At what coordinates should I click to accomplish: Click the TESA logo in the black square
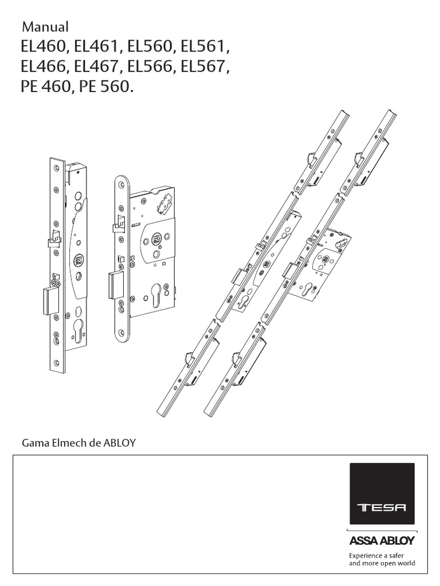click(x=382, y=506)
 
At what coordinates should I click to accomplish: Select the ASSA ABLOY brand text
click(x=382, y=541)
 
